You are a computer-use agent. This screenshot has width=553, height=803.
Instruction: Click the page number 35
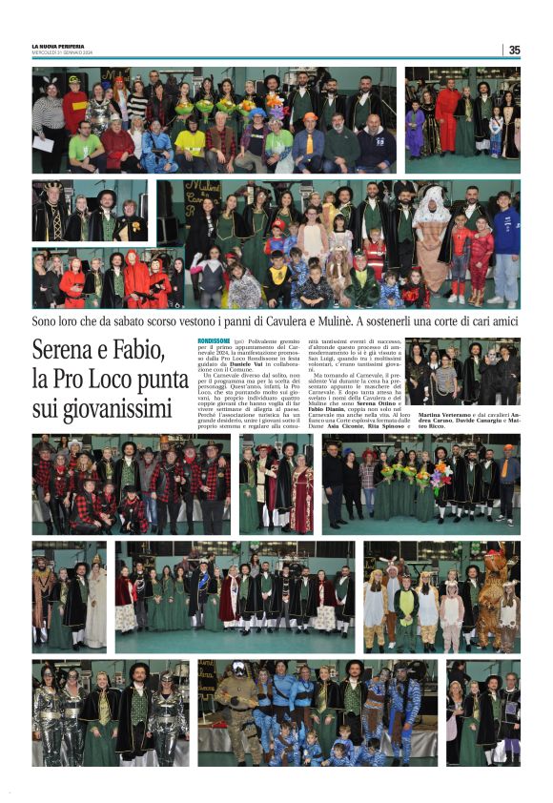point(515,50)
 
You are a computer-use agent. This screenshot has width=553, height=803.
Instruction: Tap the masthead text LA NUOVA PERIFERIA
point(58,47)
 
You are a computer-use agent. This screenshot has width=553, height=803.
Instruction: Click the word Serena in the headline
point(66,350)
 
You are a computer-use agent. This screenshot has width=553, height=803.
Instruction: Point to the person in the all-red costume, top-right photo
point(446,119)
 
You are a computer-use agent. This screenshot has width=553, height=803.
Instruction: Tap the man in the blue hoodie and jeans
point(506,248)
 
